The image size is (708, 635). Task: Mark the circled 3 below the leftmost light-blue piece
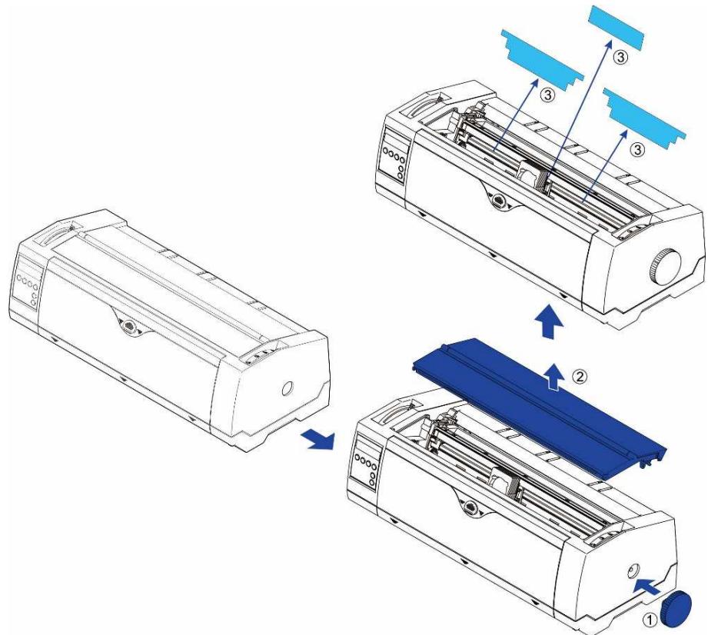(547, 94)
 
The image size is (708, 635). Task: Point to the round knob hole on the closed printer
(286, 390)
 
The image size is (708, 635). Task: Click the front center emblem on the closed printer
(131, 327)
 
